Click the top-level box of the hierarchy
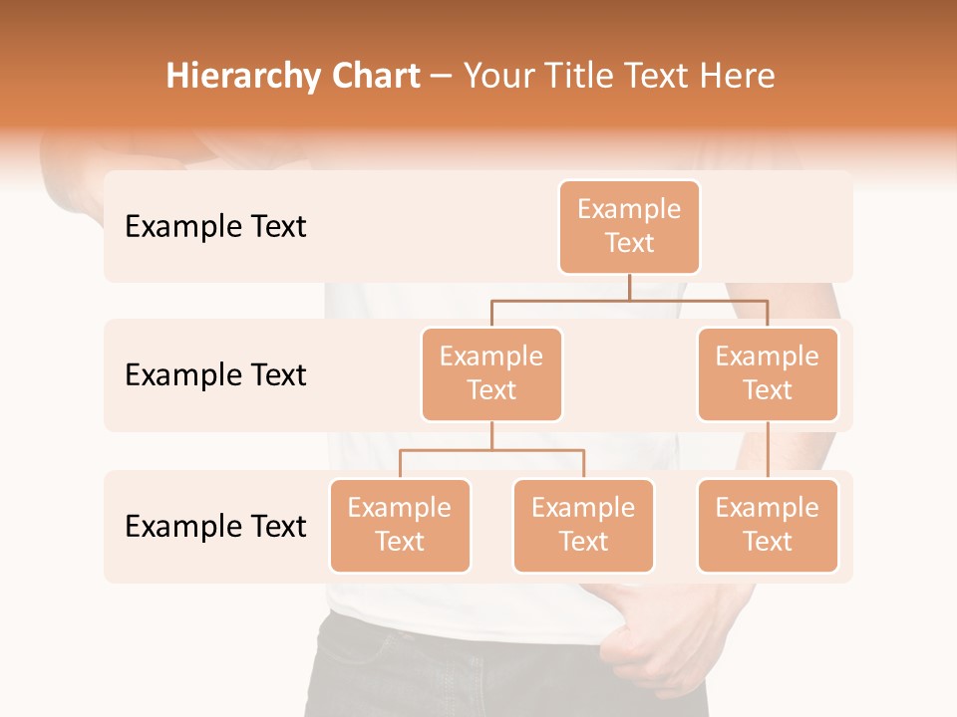[x=629, y=226]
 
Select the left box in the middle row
[x=491, y=373]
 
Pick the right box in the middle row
[x=768, y=373]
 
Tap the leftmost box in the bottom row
[x=400, y=525]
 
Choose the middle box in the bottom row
[x=583, y=525]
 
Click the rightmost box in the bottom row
[x=768, y=525]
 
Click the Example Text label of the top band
[x=215, y=227]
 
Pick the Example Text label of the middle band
[x=215, y=375]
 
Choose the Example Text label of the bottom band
[x=215, y=526]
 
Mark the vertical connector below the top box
[x=629, y=287]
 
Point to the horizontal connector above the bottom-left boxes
[x=491, y=450]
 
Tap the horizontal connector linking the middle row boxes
[x=629, y=299]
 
